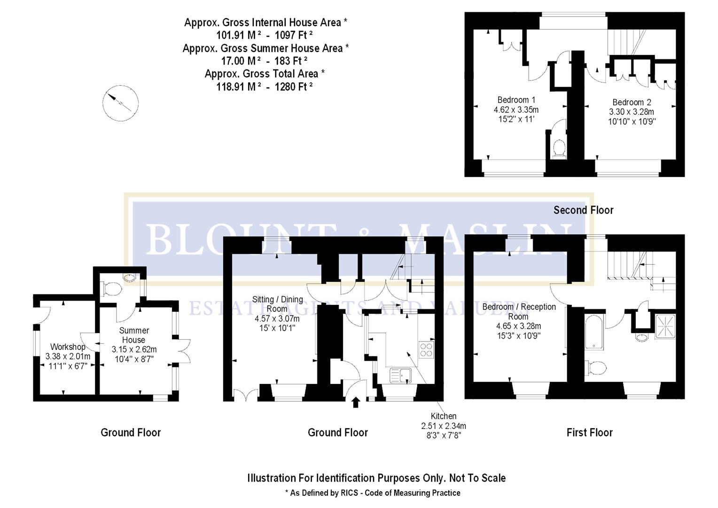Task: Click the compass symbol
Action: click(120, 103)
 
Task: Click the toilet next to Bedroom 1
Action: click(559, 148)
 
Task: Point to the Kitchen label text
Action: click(444, 416)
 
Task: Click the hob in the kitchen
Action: click(426, 350)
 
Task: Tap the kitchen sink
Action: click(400, 376)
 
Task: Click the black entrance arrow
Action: click(356, 402)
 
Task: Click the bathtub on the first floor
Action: click(594, 332)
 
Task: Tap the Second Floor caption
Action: click(583, 210)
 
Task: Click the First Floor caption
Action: click(589, 433)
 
